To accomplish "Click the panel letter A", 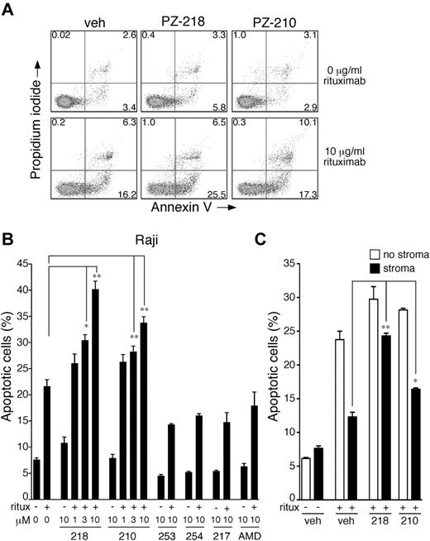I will pos(7,7).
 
